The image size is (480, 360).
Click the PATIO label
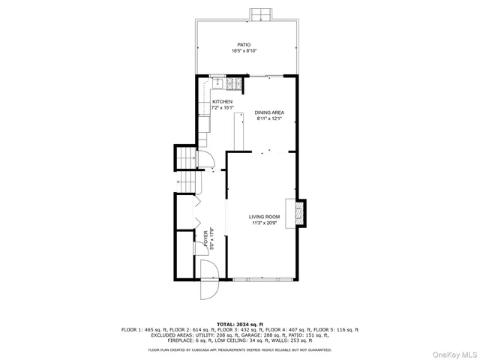[245, 44]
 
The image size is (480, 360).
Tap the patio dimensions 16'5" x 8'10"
[245, 51]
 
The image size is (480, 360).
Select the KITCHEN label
[222, 102]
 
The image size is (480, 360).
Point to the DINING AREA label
[269, 112]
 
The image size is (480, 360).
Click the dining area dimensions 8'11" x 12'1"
[269, 119]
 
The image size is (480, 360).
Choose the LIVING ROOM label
[265, 217]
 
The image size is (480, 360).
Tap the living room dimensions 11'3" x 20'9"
[265, 223]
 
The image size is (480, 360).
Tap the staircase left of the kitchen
[184, 158]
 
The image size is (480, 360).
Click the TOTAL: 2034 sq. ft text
[239, 323]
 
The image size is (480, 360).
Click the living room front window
[264, 280]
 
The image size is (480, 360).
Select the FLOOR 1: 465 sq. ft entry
[143, 329]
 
